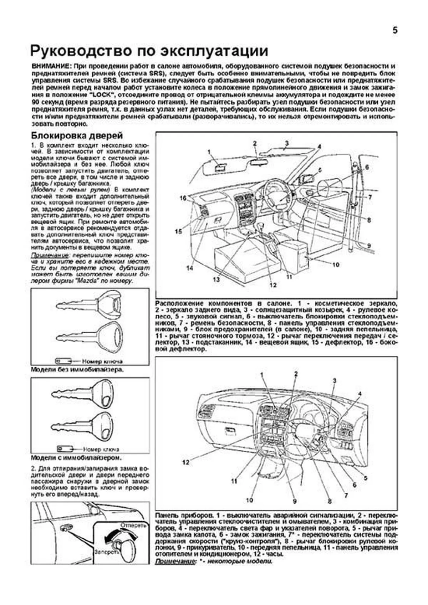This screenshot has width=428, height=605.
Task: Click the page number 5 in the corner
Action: (395, 31)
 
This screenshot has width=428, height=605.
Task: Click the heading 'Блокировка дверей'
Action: (77, 135)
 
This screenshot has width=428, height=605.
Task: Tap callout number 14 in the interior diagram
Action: (190, 268)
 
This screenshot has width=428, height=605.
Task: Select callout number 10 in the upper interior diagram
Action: (335, 265)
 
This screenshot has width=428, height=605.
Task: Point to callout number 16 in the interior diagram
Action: (183, 198)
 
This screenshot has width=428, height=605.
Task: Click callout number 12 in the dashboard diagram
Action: (185, 462)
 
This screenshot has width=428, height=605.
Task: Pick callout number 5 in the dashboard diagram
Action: (365, 478)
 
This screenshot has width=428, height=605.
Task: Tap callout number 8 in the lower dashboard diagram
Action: (329, 501)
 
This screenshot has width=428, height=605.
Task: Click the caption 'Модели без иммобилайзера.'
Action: (77, 369)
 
